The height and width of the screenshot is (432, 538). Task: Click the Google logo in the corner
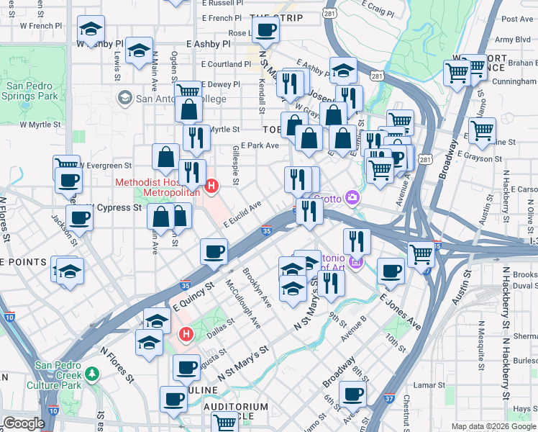click(23, 423)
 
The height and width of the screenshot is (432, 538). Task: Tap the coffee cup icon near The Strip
click(265, 30)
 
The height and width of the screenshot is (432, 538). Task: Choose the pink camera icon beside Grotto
click(352, 197)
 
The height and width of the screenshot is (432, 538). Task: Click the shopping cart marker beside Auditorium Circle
click(225, 423)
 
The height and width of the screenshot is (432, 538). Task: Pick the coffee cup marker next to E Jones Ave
click(391, 271)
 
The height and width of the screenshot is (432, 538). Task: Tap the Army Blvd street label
click(513, 40)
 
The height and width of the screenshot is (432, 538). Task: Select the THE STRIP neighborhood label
click(276, 17)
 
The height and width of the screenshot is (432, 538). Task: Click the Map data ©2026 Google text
click(493, 426)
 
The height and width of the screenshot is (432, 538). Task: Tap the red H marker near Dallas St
click(186, 334)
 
